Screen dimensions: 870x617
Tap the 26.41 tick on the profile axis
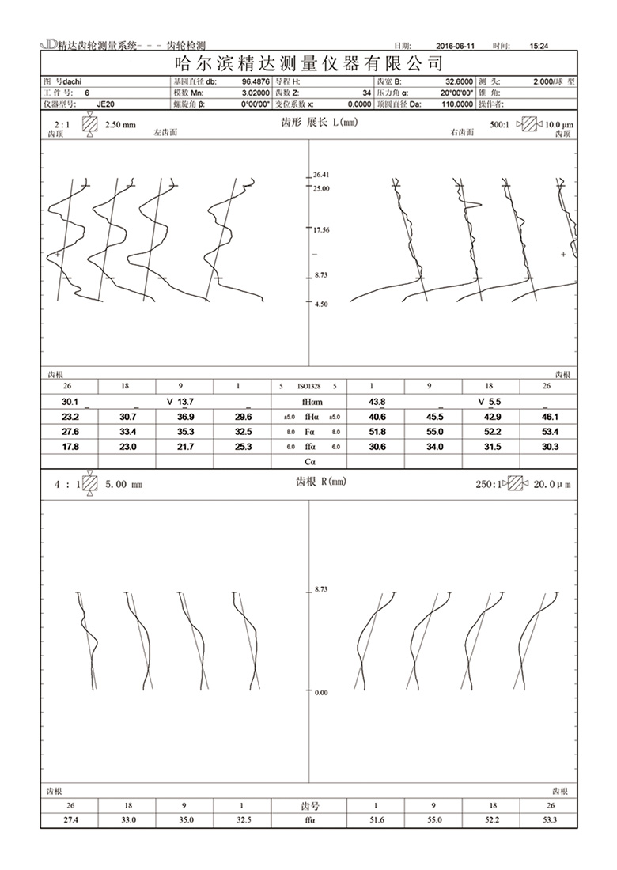(321, 174)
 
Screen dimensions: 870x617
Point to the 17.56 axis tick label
(321, 230)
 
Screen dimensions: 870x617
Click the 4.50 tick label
(320, 304)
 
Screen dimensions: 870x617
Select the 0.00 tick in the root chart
(321, 692)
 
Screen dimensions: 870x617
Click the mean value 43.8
(377, 402)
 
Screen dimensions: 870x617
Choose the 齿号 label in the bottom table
(308, 806)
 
